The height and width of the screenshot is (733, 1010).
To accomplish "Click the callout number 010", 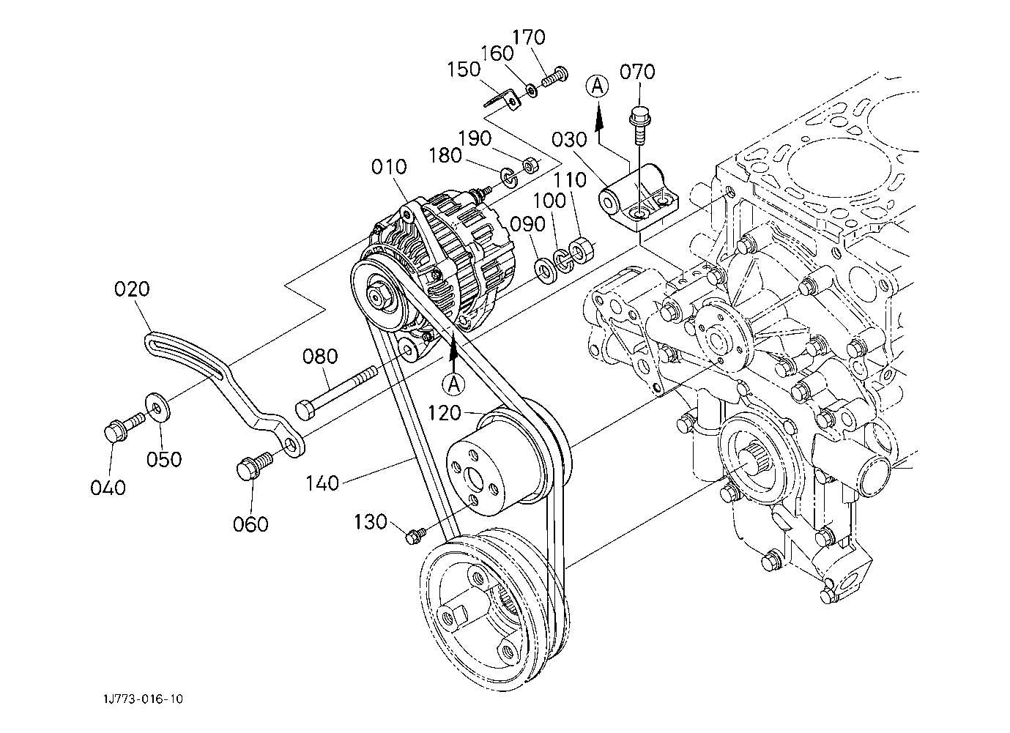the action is click(389, 167).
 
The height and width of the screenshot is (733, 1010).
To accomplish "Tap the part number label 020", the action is click(132, 289).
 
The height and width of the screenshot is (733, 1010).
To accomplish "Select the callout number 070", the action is click(637, 72).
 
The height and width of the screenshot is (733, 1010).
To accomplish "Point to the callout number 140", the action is click(322, 483).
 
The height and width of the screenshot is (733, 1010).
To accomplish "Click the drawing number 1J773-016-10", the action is click(143, 699).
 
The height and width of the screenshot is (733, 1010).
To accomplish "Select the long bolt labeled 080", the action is click(335, 393).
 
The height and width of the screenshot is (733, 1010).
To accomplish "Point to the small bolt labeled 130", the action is click(416, 535).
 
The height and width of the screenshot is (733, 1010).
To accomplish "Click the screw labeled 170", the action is click(555, 77).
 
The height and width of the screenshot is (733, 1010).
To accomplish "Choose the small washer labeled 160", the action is click(532, 90).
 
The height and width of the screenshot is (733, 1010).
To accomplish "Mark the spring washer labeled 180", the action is click(508, 178).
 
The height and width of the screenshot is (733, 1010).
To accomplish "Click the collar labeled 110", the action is click(581, 248).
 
